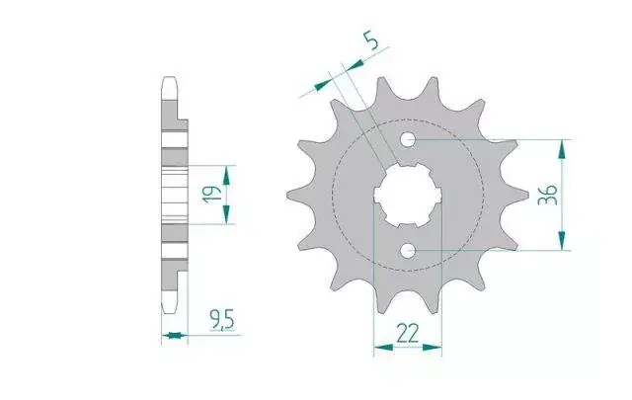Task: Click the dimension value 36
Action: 548,195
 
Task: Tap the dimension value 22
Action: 408,333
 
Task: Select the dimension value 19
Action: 213,194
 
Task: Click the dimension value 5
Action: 371,41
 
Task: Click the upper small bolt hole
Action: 408,140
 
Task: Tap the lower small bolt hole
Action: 408,251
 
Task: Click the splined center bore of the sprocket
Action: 408,196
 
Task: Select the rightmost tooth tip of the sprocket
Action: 527,196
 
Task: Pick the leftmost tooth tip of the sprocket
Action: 287,196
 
